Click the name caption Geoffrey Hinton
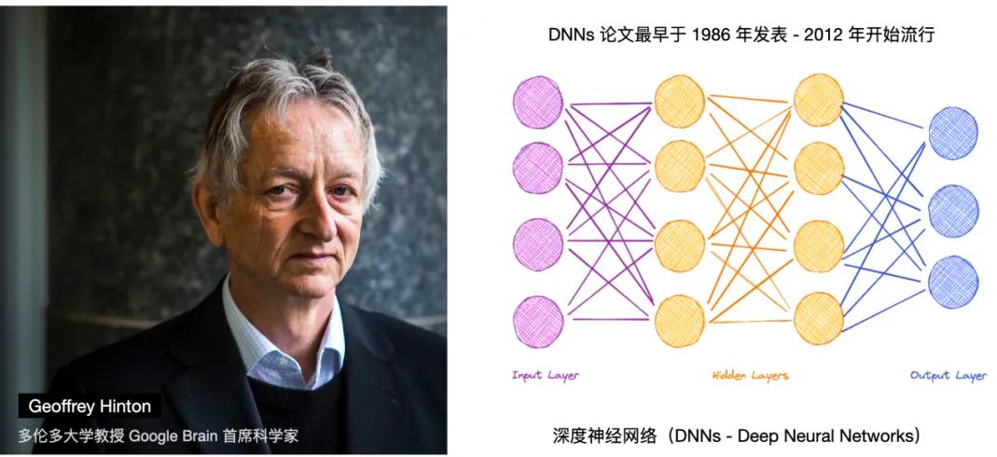point(90,407)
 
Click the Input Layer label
point(546,375)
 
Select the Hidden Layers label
point(750,375)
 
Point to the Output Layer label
point(949,375)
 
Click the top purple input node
point(538,103)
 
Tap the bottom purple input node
point(538,322)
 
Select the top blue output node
point(953,133)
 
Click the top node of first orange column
point(679,102)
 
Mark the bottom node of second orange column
point(819,318)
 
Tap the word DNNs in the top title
point(571,35)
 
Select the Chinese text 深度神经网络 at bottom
point(601,436)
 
